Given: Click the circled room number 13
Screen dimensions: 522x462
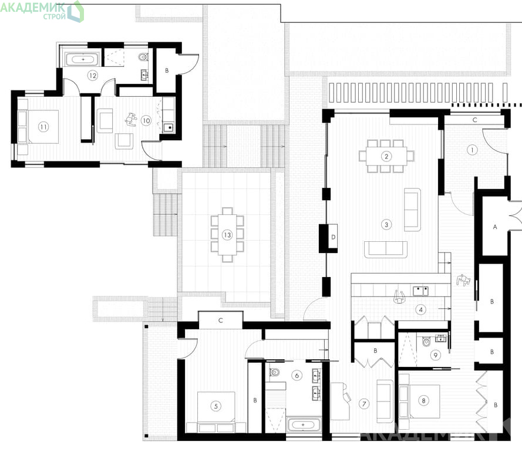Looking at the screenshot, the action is tap(227, 235).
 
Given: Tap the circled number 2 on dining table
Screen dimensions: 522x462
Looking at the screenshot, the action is tap(386, 156).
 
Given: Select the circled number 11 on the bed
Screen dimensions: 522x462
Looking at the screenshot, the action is tap(43, 127).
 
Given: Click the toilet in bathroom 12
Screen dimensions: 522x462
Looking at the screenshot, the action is tap(143, 56).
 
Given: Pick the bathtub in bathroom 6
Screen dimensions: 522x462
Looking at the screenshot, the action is tap(303, 424).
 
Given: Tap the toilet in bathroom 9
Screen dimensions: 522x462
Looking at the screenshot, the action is tap(426, 342).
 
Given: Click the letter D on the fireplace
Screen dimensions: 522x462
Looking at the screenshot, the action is tap(334, 237).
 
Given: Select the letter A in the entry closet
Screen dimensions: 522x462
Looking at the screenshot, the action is tap(495, 227).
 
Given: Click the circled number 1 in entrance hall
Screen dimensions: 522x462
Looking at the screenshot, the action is tap(472, 150).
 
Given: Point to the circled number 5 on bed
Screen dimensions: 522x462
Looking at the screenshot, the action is tap(216, 406).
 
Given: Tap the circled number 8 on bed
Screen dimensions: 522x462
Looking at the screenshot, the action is tap(423, 400).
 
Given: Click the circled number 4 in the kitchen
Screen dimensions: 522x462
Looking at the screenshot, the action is tap(421, 310).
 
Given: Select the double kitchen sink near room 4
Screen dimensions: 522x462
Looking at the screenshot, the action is tap(421, 291).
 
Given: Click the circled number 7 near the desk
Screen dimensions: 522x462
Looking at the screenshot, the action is tap(364, 404).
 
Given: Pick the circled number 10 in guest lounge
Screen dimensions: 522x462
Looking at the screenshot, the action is tap(146, 120).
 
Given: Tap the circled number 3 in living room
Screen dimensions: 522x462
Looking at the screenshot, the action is tap(386, 225).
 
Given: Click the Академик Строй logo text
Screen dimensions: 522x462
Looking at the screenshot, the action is tap(33, 11).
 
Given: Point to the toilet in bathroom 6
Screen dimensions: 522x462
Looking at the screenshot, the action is tap(274, 372).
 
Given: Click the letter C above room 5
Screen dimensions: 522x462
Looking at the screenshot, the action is tap(220, 321).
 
